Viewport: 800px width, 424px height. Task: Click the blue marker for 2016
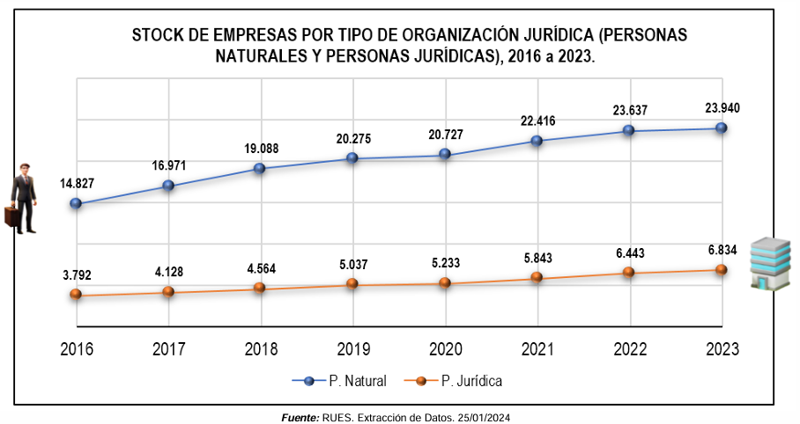[x=76, y=203]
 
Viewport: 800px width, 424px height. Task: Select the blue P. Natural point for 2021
[x=537, y=140]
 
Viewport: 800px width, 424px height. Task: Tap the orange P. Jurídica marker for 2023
[x=721, y=269]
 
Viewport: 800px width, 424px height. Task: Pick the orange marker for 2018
[x=260, y=288]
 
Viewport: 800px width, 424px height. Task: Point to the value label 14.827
[x=77, y=184]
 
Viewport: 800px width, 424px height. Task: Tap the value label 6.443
[x=630, y=252]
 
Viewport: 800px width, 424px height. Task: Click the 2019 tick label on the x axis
[x=352, y=349]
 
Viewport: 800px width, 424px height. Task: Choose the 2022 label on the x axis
[x=629, y=349]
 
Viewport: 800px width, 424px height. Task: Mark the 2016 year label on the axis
[x=77, y=349]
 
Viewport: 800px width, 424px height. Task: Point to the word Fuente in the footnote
[x=300, y=416]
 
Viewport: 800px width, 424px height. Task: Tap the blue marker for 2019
[x=352, y=158]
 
